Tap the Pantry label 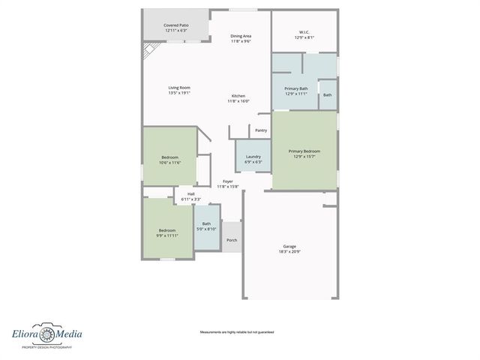tap(260, 130)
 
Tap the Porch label tap(232, 240)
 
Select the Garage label tap(289, 246)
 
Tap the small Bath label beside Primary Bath tap(328, 94)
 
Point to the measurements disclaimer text tap(236, 331)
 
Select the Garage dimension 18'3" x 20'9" tap(289, 252)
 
